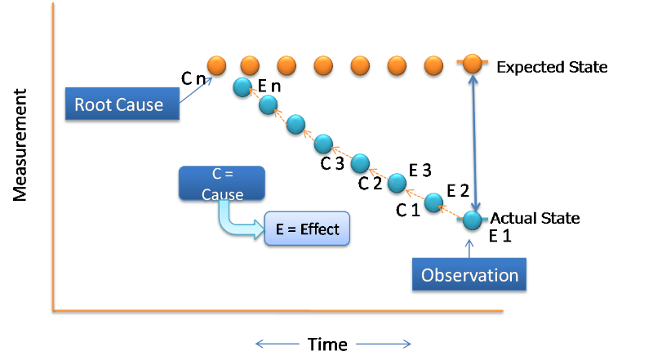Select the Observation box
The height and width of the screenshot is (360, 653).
pos(470,275)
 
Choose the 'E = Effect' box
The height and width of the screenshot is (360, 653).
pos(308,229)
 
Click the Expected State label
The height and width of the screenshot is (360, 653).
pos(552,67)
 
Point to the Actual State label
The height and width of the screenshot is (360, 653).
pos(535,218)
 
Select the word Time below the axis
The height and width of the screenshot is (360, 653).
pos(327,344)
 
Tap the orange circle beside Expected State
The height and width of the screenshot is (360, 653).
pos(472,64)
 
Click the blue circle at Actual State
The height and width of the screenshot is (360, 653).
pos(472,219)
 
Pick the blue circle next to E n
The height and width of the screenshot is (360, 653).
pos(242,87)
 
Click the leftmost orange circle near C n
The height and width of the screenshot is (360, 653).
pos(216,64)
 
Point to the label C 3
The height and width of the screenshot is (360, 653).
pos(332,163)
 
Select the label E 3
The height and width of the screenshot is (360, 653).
pos(420,170)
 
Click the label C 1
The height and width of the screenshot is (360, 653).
pos(407,209)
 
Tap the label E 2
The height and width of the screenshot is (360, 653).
pos(457,193)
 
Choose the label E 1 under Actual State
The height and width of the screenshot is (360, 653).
pos(499,237)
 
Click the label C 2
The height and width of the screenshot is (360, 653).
pos(370,183)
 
